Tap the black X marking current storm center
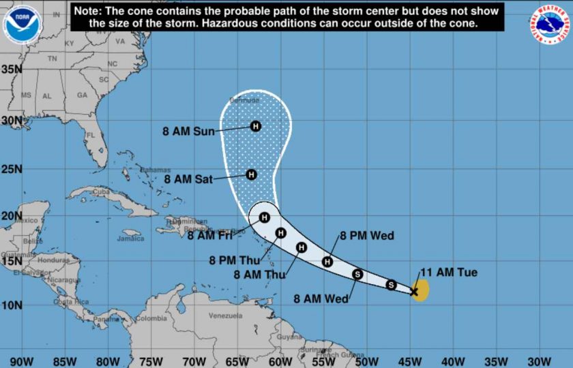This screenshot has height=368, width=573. click(413, 291)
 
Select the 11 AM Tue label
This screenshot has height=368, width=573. click(449, 273)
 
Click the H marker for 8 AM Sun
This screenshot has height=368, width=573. click(256, 125)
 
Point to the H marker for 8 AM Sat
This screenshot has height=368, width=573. click(251, 174)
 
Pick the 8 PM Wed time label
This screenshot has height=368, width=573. click(367, 236)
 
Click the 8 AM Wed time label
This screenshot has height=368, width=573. click(321, 298)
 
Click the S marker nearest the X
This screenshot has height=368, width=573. click(391, 284)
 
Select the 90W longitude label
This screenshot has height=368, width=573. click(22, 361)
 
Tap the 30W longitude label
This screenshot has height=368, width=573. click(539, 361)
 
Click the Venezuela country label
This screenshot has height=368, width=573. click(225, 316)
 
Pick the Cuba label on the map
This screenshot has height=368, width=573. click(101, 191)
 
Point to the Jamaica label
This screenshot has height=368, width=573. click(130, 239)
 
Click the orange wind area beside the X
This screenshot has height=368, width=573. click(422, 290)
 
